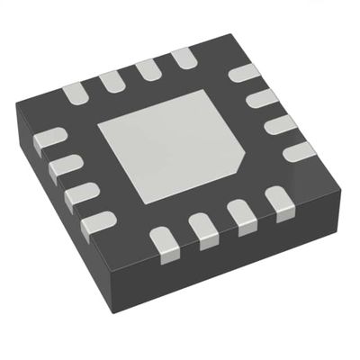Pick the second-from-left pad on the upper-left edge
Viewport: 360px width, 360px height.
(112, 80)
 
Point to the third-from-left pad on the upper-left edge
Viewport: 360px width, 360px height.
(148, 70)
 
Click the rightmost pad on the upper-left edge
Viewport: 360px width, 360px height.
(184, 60)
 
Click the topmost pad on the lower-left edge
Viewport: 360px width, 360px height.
(48, 138)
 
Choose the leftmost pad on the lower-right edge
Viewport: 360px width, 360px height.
(165, 239)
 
